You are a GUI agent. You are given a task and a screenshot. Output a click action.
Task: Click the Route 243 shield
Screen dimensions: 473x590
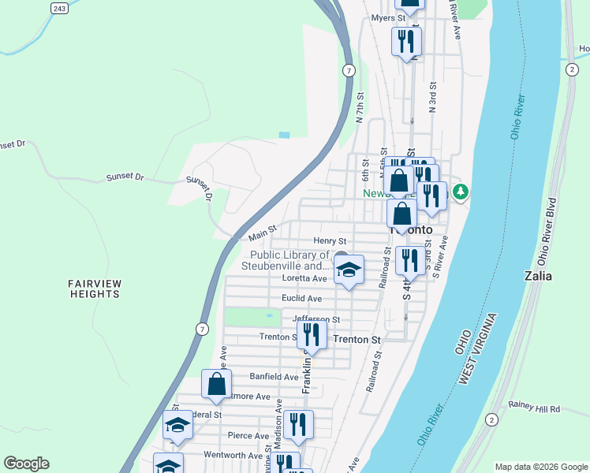59,8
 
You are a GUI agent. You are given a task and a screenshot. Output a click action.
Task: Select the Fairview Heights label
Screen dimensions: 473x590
93,289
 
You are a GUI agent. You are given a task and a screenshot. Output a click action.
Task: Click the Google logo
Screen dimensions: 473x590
26,464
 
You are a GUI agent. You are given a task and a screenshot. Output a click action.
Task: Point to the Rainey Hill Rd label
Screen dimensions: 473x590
534,408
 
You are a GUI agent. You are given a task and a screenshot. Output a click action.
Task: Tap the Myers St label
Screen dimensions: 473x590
388,17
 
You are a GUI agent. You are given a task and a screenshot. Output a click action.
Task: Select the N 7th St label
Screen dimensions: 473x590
360,107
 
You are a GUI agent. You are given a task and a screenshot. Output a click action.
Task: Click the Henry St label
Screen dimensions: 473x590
330,240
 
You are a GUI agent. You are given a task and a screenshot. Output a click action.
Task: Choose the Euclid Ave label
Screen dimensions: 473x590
302,299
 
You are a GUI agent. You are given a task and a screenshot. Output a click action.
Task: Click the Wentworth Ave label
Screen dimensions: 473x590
233,455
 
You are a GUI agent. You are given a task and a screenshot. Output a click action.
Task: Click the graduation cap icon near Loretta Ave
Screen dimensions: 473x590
348,270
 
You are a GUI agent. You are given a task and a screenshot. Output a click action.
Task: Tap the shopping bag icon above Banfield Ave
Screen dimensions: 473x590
217,384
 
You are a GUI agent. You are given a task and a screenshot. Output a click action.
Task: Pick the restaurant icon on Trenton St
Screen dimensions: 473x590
312,334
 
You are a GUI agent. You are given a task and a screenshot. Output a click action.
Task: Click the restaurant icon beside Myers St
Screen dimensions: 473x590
406,41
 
